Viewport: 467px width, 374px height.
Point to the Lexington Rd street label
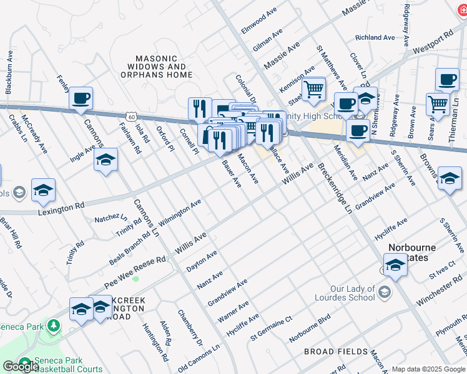click(x=61, y=206)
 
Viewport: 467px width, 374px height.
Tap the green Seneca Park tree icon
click(x=54, y=325)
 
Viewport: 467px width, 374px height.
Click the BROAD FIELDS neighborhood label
click(x=336, y=352)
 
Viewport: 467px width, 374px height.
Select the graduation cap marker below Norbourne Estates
click(x=395, y=266)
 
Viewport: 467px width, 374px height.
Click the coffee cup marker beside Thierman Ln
click(x=447, y=80)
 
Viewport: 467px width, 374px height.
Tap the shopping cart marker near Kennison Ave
click(x=313, y=89)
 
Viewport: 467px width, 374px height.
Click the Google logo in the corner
click(x=21, y=367)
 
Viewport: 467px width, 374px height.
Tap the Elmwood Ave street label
click(x=259, y=21)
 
